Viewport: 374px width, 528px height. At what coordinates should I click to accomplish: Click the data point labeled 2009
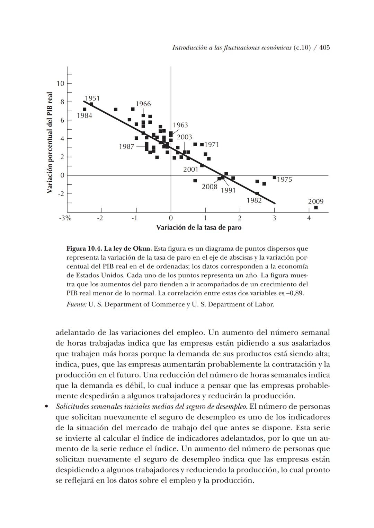point(316,208)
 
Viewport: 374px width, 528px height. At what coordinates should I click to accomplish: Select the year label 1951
point(92,98)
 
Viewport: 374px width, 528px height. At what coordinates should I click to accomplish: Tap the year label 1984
point(84,115)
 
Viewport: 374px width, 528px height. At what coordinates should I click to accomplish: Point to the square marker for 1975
point(274,178)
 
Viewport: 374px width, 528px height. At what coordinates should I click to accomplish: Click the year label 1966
point(143,104)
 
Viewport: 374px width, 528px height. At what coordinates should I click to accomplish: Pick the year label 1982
point(254,200)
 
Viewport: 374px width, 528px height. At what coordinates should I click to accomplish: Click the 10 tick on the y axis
point(61,83)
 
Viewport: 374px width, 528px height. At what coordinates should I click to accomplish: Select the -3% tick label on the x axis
point(65,218)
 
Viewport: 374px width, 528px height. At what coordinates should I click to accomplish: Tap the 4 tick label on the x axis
point(309,218)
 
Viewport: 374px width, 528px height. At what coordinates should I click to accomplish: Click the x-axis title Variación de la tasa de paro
point(199,228)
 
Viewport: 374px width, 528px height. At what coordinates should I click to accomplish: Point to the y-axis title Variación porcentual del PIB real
point(50,143)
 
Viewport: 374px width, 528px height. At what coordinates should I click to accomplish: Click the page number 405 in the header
point(324,48)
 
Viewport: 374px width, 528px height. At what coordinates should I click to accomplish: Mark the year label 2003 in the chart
point(184,137)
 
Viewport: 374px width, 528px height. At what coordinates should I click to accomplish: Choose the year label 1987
point(126,147)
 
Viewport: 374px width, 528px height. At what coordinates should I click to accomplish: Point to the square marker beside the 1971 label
point(202,145)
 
